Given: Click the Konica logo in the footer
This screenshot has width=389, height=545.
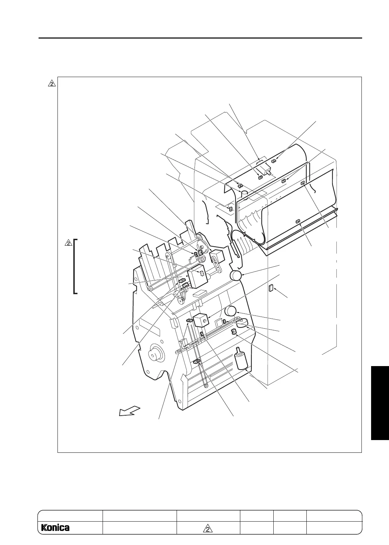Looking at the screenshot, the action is pyautogui.click(x=55, y=537).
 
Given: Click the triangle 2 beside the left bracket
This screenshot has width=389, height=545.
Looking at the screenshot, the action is pyautogui.click(x=69, y=243).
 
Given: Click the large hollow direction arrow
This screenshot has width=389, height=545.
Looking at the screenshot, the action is pyautogui.click(x=129, y=411).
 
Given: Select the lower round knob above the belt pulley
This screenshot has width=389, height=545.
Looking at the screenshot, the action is pyautogui.click(x=230, y=311).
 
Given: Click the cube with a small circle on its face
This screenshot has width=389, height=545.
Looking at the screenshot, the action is pyautogui.click(x=202, y=320).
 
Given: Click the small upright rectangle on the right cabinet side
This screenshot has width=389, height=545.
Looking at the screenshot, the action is pyautogui.click(x=271, y=288).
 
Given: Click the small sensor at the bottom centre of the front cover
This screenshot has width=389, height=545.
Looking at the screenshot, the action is pyautogui.click(x=298, y=222).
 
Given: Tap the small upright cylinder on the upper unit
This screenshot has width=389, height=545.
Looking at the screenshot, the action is pyautogui.click(x=244, y=194).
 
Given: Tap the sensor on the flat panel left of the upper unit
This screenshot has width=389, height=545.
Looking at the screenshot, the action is pyautogui.click(x=230, y=209).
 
